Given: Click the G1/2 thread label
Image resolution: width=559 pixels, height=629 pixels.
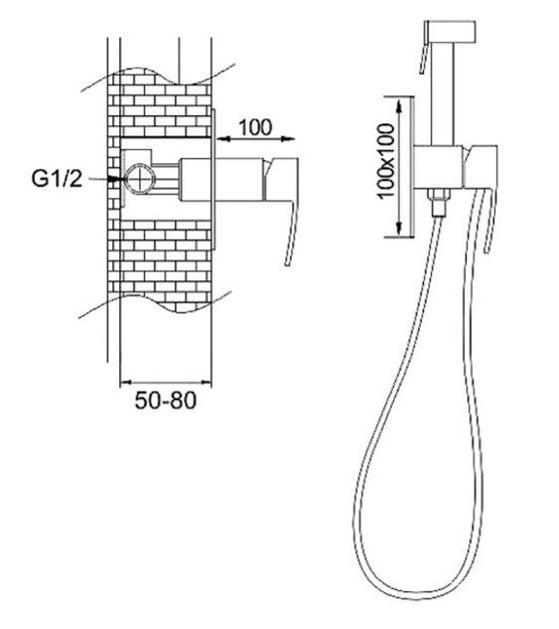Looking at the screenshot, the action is click(x=57, y=179).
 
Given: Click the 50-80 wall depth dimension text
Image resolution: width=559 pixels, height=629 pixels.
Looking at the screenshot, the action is click(x=166, y=400).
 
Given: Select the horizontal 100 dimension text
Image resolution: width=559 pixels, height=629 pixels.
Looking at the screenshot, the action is click(x=255, y=127).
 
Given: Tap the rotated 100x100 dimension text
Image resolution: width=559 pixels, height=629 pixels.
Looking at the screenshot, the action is click(x=386, y=160).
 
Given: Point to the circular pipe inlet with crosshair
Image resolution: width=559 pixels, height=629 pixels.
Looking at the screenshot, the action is click(x=139, y=178).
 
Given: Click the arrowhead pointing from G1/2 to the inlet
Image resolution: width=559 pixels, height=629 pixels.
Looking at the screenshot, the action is click(x=115, y=179).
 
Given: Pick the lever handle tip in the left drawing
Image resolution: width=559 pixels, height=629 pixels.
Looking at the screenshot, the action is click(x=287, y=262).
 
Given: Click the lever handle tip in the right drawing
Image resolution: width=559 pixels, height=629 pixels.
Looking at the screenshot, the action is click(x=487, y=249).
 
